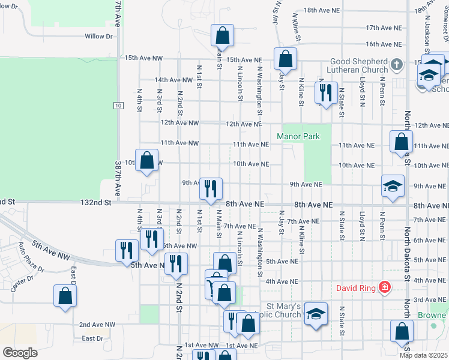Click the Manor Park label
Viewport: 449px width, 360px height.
click(x=298, y=136)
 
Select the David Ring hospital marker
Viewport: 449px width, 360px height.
click(x=384, y=289)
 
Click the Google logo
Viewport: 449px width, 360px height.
click(x=20, y=352)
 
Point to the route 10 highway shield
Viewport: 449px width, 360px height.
click(x=119, y=106)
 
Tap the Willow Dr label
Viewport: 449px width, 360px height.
click(x=98, y=37)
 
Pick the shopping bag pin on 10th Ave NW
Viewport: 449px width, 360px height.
click(x=147, y=160)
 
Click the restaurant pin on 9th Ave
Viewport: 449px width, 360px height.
click(x=211, y=188)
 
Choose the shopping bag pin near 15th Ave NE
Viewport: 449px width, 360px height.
click(x=285, y=59)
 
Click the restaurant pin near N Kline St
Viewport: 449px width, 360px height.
click(x=325, y=92)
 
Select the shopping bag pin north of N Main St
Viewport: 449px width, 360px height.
click(x=222, y=35)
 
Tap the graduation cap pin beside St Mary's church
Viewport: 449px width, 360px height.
click(x=316, y=314)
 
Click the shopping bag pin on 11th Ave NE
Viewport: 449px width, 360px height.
click(x=401, y=142)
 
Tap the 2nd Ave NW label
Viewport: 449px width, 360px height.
click(x=97, y=325)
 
